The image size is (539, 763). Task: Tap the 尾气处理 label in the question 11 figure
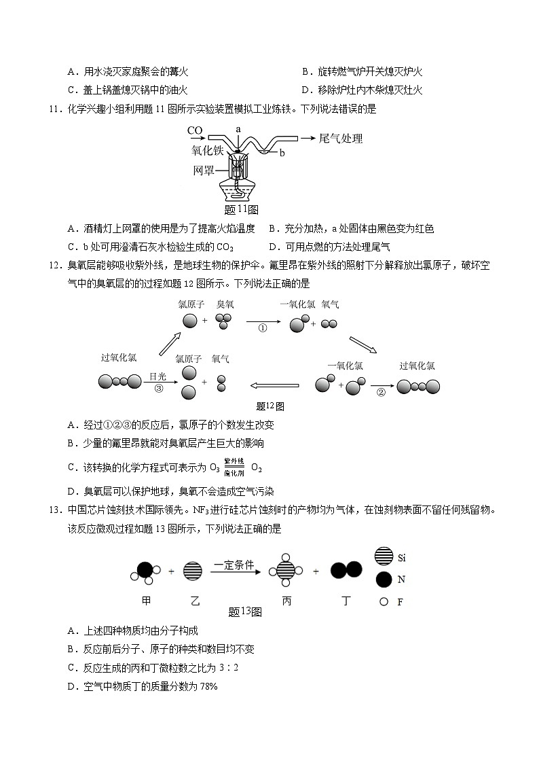(341, 139)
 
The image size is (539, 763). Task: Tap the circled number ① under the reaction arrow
(262, 327)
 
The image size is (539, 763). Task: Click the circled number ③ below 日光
(159, 389)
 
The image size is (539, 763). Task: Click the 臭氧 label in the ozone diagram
(225, 304)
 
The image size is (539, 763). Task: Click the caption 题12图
(270, 406)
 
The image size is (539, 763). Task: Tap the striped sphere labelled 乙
(192, 571)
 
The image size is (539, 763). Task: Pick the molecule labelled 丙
(284, 571)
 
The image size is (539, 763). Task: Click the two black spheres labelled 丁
(346, 571)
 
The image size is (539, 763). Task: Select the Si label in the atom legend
(401, 558)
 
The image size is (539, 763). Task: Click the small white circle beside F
(384, 601)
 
